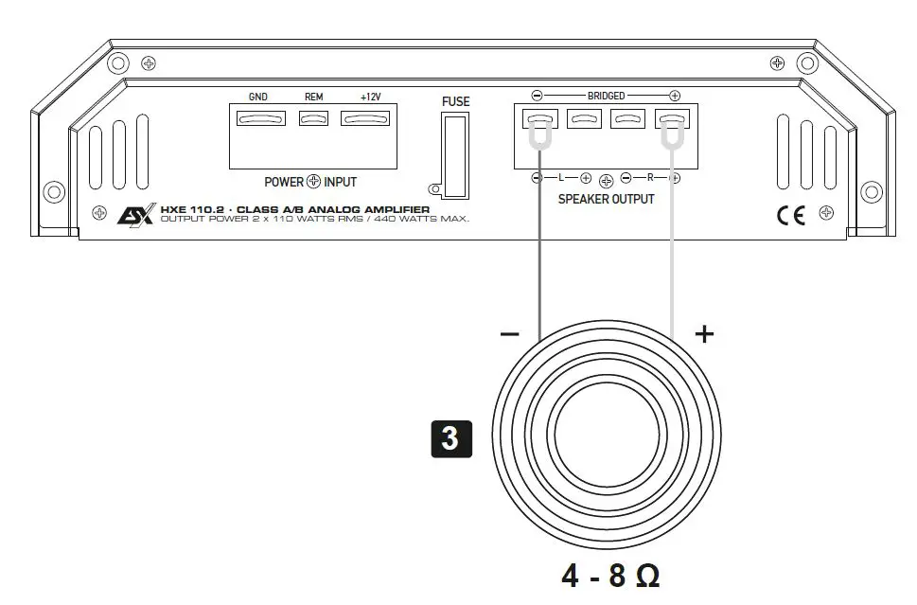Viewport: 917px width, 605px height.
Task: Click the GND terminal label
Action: pos(258,98)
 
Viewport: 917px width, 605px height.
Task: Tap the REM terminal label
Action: pos(313,98)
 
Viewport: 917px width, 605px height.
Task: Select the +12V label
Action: pos(370,97)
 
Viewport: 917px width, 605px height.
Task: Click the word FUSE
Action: pos(455,102)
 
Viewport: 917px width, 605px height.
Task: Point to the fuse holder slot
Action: pos(455,155)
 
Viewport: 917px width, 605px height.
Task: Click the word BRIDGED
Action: pos(606,96)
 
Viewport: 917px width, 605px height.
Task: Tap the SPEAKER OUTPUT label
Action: pos(606,199)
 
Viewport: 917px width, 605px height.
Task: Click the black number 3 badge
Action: pos(450,438)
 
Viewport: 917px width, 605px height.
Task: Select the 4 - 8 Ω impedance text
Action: pos(610,576)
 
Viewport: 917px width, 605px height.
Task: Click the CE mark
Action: pos(791,216)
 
